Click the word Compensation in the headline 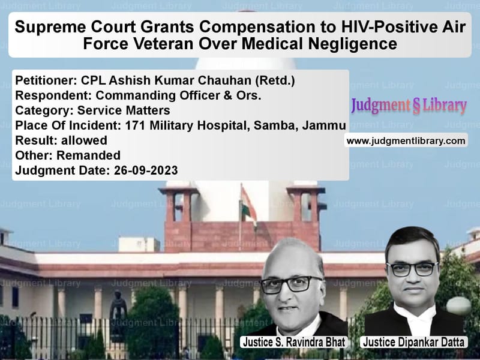(257, 28)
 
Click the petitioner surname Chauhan (225, 80)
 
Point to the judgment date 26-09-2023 (146, 170)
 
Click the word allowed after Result (84, 140)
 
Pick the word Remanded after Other (88, 155)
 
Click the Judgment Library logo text (409, 106)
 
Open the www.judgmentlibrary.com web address (406, 141)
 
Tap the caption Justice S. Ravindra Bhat (294, 342)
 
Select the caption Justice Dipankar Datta (413, 342)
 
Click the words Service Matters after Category (124, 110)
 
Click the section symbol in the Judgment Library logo (416, 106)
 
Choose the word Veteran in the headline (164, 43)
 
